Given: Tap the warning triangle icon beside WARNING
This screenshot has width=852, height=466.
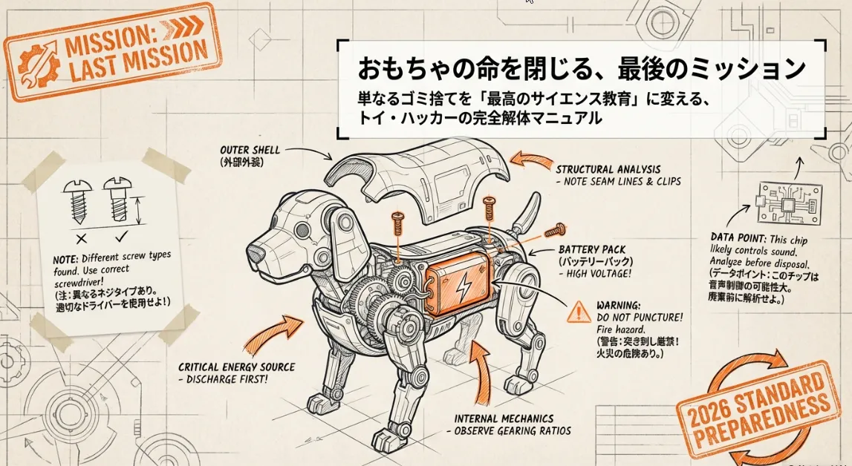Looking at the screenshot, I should tap(579, 313).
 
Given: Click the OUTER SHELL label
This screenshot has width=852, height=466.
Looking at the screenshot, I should tap(250, 150).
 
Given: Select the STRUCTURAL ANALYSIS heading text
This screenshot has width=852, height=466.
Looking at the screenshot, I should tap(608, 169).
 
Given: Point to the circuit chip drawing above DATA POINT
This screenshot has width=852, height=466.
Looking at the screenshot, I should tap(790, 203).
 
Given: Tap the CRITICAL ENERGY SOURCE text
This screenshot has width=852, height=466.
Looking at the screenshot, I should tap(236, 367).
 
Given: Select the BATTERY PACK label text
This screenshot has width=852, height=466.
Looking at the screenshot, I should tap(591, 250).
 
